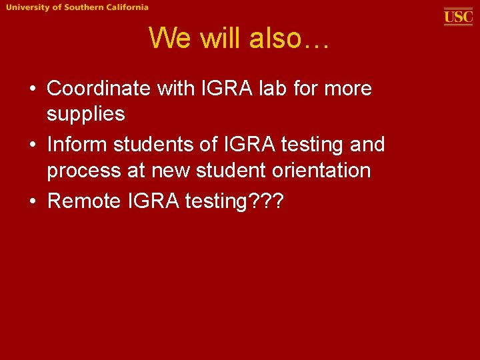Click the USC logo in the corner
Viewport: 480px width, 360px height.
click(458, 16)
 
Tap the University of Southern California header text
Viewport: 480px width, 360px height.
click(78, 7)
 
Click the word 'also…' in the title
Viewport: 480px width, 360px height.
click(289, 39)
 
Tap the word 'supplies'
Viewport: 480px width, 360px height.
click(85, 114)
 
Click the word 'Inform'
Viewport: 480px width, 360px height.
click(77, 144)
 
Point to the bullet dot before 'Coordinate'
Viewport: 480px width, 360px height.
click(32, 89)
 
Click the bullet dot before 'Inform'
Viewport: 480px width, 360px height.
click(32, 145)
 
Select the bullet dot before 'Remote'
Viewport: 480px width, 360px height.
click(32, 201)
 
